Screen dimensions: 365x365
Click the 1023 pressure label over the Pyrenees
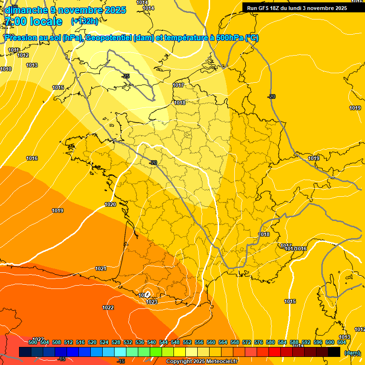coord(152,302)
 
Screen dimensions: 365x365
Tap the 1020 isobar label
coord(110,204)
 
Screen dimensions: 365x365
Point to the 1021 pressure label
coord(101,269)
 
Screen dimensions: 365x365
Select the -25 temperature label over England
coord(125,77)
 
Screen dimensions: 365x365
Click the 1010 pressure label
coord(6,69)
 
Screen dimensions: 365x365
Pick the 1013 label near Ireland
coord(32,65)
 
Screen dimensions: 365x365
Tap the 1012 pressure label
coord(23,56)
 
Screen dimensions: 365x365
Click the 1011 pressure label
coord(13,50)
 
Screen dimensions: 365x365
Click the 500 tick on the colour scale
coord(33,342)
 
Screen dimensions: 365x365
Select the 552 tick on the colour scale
coord(187,342)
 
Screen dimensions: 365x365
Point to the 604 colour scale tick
coord(342,342)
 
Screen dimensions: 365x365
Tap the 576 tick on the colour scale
coord(259,342)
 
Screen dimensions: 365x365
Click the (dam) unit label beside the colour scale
coord(352,353)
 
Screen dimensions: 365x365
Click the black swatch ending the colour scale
coord(334,352)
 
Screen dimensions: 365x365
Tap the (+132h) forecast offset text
coord(85,21)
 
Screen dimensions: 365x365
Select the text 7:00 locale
coord(33,21)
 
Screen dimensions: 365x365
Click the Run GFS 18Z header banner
coord(297,8)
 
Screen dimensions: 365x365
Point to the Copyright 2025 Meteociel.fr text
coord(202,362)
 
